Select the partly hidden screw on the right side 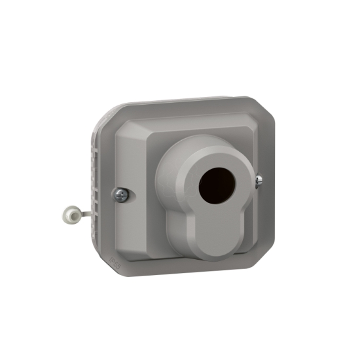[260, 179]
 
